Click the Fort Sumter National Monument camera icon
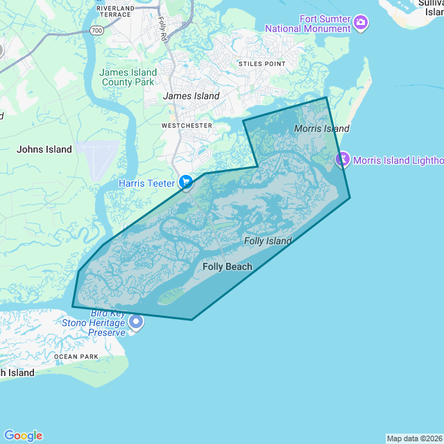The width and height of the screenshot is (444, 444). (x=361, y=23)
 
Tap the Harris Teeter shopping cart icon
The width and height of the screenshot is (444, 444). (x=186, y=182)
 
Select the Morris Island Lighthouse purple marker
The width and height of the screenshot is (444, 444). (x=342, y=160)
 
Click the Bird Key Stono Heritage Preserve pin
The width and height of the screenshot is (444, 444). (x=136, y=322)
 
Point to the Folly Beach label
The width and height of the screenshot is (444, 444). (x=227, y=266)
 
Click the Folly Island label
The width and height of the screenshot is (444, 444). (x=268, y=241)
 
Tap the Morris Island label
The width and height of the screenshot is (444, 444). (x=321, y=128)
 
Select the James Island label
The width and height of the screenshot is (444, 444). (x=191, y=96)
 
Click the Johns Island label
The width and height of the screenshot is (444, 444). (x=44, y=149)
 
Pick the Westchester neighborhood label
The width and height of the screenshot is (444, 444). (x=187, y=126)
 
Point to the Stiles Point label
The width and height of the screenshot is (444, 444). (x=262, y=64)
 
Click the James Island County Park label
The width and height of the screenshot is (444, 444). (x=128, y=77)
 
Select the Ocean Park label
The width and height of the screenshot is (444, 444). (x=76, y=357)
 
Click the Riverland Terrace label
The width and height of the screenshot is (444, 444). (x=116, y=10)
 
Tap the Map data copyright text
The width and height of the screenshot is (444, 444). (x=414, y=438)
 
